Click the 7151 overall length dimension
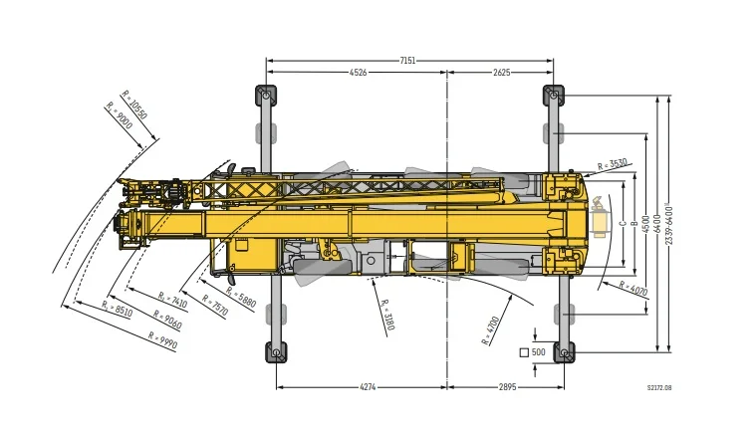pos(407,61)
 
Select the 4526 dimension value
pos(358,73)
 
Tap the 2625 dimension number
pos(502,73)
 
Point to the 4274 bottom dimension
pos(368,386)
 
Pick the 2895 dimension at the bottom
pos(507,386)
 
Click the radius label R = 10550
pos(134,105)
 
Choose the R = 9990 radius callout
pos(163,340)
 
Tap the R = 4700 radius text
pos(490,330)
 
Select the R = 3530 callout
pos(613,164)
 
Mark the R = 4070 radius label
pos(633,288)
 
